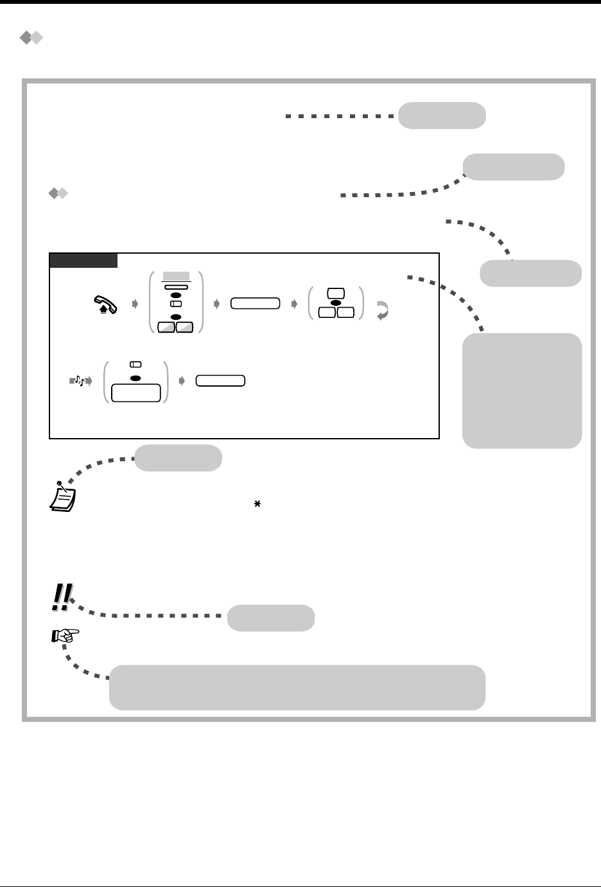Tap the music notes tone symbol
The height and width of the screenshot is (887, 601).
(x=80, y=381)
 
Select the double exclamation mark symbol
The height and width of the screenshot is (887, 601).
(x=62, y=597)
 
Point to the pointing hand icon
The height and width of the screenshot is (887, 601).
(x=65, y=636)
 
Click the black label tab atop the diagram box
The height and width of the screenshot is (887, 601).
(x=83, y=260)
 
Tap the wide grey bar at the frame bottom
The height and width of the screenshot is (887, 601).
(x=297, y=687)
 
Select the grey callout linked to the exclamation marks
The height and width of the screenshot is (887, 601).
(x=272, y=618)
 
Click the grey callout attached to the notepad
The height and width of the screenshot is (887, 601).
(x=179, y=458)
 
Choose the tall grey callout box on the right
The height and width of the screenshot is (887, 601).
(x=522, y=390)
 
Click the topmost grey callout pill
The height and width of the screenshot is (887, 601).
(x=442, y=116)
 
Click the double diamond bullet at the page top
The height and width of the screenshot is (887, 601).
(x=31, y=39)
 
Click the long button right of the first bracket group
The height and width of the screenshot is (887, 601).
(x=256, y=304)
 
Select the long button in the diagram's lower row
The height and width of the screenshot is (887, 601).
(x=221, y=380)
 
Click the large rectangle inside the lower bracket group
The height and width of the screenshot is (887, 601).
(x=135, y=393)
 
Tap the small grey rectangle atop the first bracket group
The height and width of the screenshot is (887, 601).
(x=175, y=276)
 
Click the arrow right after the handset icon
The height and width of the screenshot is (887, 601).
(x=135, y=304)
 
